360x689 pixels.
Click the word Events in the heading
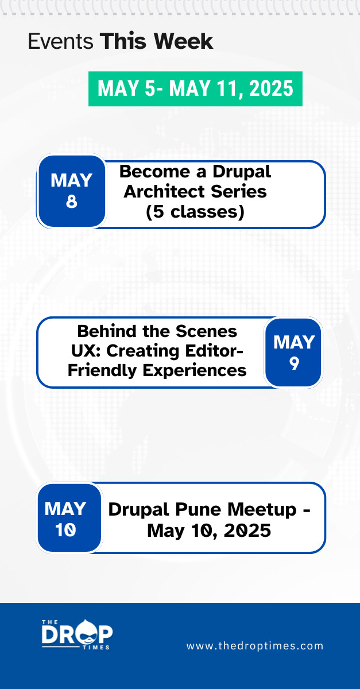point(61,41)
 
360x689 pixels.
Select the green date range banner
point(195,89)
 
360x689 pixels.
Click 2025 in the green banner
point(271,88)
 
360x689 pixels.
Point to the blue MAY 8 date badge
point(72,191)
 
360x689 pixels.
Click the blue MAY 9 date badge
point(293,353)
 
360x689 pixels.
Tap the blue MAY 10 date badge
point(69,518)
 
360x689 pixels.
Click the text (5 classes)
point(195,212)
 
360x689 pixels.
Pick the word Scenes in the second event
point(206,332)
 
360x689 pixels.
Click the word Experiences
point(195,371)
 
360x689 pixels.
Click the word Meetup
point(262,510)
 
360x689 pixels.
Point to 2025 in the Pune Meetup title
point(247,531)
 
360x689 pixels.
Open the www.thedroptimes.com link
point(255,645)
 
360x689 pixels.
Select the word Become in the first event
point(155,172)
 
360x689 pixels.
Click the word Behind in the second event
point(107,332)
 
